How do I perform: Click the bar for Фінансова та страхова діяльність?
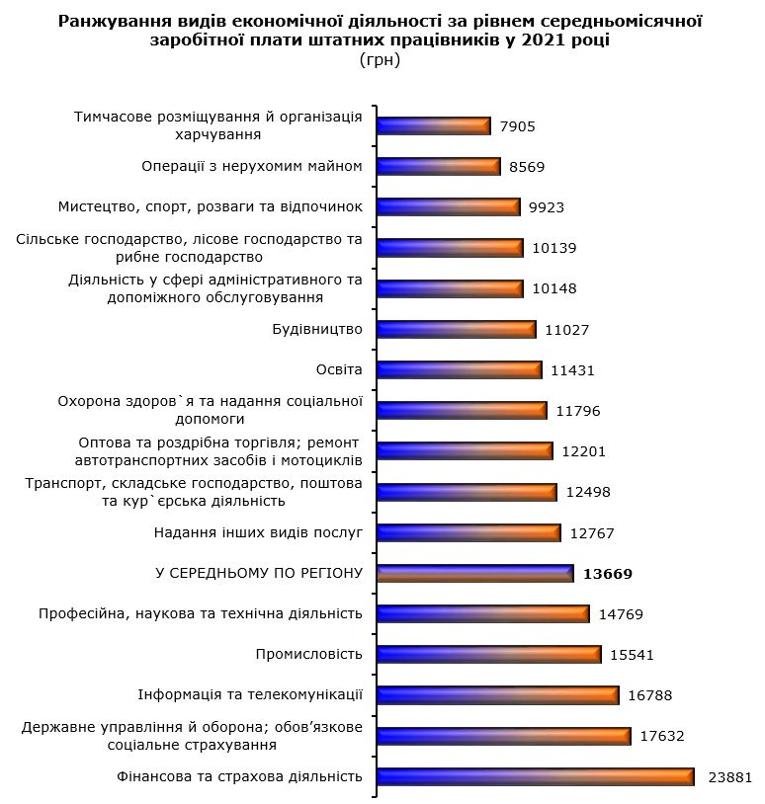(x=536, y=776)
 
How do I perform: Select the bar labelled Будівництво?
(x=457, y=329)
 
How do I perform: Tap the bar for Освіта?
(x=460, y=369)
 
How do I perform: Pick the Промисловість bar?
(x=489, y=654)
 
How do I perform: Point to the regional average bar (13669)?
(x=475, y=573)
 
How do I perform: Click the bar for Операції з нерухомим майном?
(x=439, y=167)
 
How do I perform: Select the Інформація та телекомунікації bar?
(x=498, y=694)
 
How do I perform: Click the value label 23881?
(x=730, y=776)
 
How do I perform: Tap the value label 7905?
(x=518, y=126)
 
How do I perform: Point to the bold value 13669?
(x=608, y=574)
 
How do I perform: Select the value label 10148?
(x=553, y=288)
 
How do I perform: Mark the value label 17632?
(x=662, y=736)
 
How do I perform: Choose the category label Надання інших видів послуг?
(x=259, y=532)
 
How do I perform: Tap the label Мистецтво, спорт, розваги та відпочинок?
(x=211, y=206)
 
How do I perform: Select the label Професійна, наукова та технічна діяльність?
(x=201, y=613)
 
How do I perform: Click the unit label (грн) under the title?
(x=381, y=59)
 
